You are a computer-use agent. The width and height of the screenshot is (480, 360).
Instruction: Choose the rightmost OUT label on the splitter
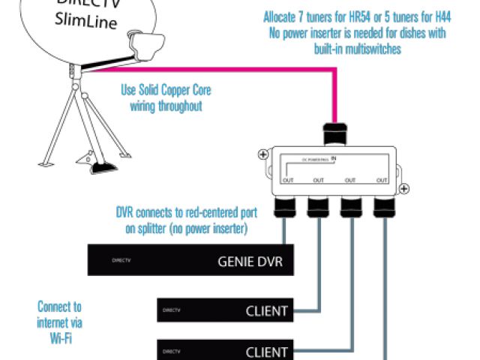[382, 180]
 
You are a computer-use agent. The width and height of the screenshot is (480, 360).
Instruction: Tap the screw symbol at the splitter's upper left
[263, 156]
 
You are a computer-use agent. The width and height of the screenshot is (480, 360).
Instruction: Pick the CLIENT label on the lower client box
[267, 351]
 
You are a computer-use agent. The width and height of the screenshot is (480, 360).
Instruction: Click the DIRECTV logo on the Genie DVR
[116, 262]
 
